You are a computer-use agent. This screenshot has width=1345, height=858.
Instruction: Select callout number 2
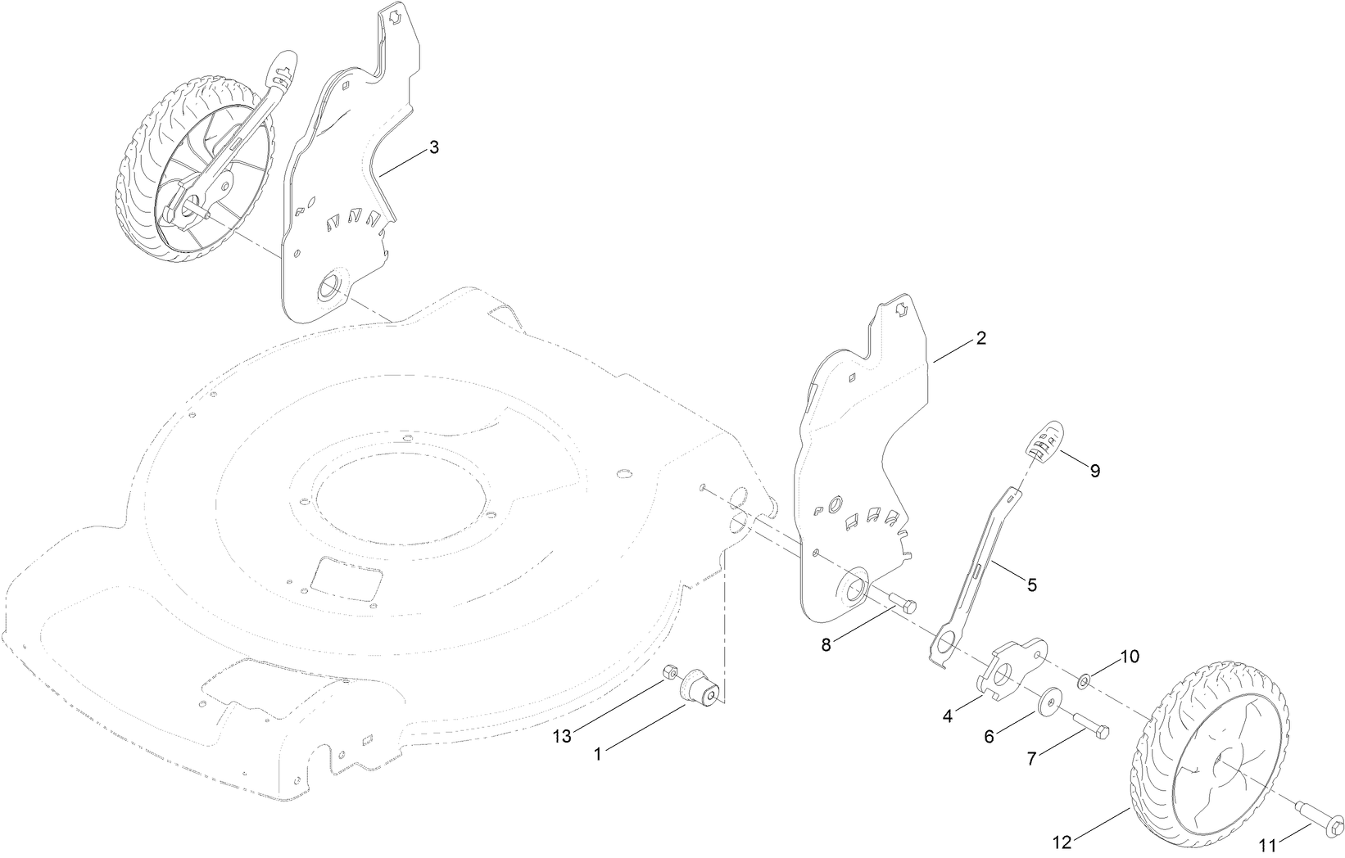coord(980,338)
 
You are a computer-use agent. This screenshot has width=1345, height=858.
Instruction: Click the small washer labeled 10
coord(1084,679)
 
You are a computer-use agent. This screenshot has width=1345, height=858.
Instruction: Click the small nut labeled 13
coord(669,672)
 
